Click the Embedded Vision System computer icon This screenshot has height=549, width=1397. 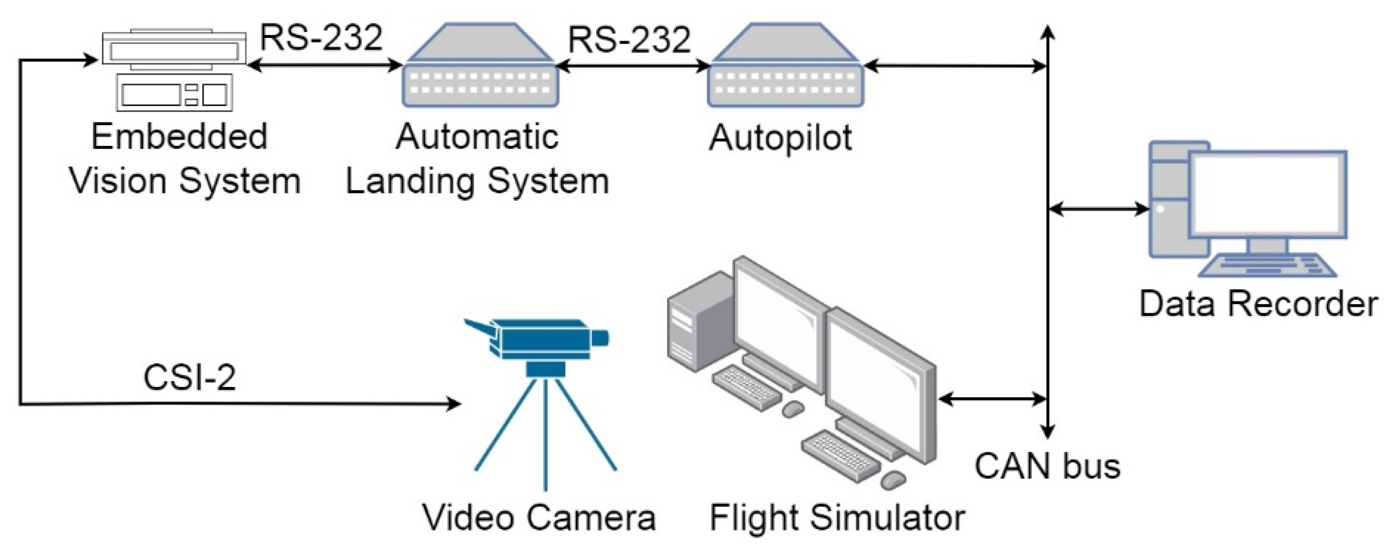click(174, 70)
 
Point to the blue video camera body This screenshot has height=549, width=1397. click(544, 339)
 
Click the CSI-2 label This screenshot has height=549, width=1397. click(189, 377)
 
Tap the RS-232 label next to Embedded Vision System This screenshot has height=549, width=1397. click(321, 38)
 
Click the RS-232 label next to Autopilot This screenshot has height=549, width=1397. click(629, 40)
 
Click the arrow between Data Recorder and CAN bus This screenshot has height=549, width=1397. click(1099, 208)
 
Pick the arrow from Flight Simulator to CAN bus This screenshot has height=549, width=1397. click(992, 399)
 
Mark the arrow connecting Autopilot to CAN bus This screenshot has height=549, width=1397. click(954, 67)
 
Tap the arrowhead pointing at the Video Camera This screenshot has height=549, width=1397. click(454, 404)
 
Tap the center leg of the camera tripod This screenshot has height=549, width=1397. click(545, 434)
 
